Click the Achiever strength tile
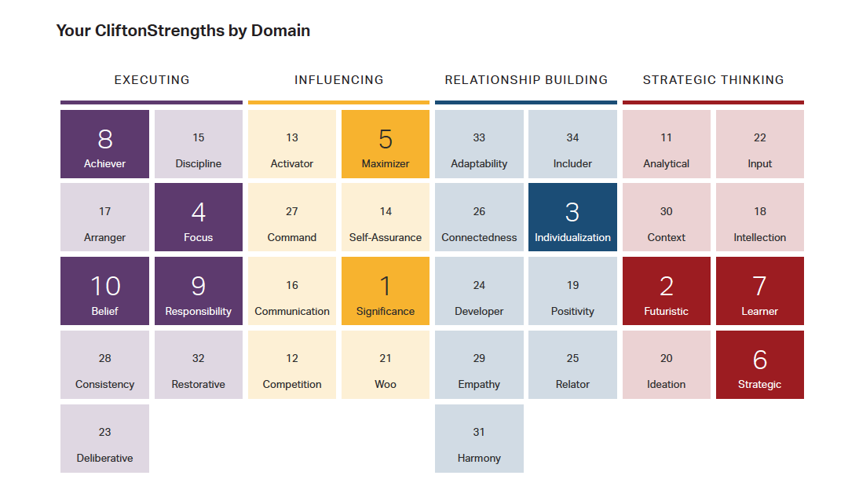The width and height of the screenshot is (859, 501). tap(104, 144)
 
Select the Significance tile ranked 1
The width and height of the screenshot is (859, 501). tap(385, 291)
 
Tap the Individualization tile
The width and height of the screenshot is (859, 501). tap(572, 217)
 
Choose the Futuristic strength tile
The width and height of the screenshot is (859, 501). tap(666, 291)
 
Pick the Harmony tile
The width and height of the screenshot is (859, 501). tap(479, 438)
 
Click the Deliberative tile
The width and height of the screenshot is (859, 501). tap(104, 438)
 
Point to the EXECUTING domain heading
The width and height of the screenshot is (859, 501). tap(152, 80)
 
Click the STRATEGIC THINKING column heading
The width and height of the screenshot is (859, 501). tap(713, 80)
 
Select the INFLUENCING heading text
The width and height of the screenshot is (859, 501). tap(338, 80)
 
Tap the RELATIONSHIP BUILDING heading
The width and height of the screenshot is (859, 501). tap(526, 80)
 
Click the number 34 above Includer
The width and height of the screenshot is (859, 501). tap(572, 137)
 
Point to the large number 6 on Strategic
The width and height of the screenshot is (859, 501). tap(760, 360)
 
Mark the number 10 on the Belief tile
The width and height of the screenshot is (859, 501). tap(105, 286)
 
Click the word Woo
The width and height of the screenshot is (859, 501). tap(385, 384)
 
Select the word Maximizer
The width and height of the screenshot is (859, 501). tap(385, 163)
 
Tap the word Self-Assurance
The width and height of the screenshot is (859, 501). tap(385, 237)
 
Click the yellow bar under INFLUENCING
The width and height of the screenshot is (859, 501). tap(338, 102)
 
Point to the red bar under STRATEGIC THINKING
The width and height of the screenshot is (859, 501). tap(713, 102)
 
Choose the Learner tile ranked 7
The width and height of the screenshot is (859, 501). tap(760, 291)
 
